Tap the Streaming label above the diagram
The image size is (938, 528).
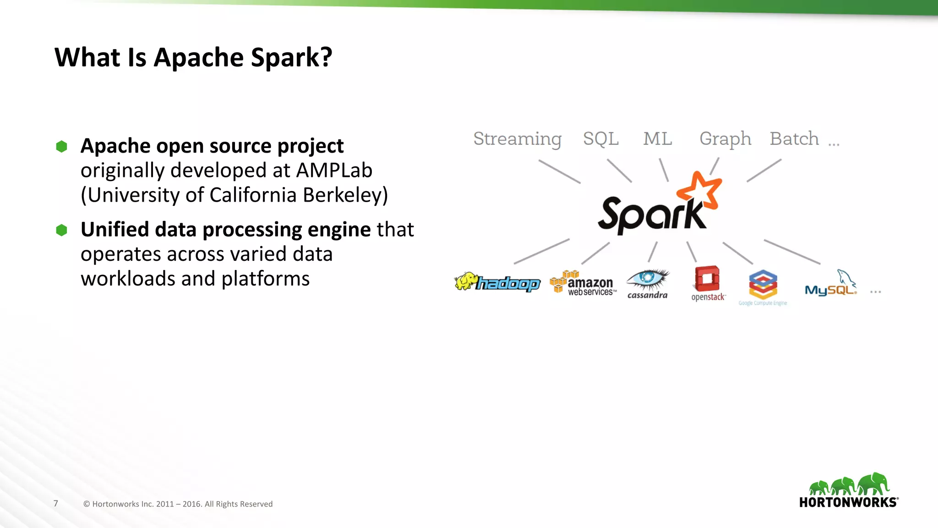(x=517, y=139)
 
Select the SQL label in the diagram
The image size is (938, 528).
(x=600, y=138)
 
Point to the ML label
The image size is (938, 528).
(x=657, y=138)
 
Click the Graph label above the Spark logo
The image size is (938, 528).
(x=725, y=139)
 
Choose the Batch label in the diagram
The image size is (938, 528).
(x=794, y=138)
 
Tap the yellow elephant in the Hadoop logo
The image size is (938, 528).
(x=466, y=281)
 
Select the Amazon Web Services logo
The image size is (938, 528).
(x=583, y=283)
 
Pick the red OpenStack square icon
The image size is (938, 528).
(x=707, y=278)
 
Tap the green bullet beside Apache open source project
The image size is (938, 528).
(x=62, y=147)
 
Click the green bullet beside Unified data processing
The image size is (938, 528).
(x=62, y=230)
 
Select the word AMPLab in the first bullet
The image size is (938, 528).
(x=334, y=170)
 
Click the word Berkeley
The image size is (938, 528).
(x=345, y=195)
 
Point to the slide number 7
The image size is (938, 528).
(x=56, y=503)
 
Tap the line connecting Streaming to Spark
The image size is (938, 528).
(x=559, y=171)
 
